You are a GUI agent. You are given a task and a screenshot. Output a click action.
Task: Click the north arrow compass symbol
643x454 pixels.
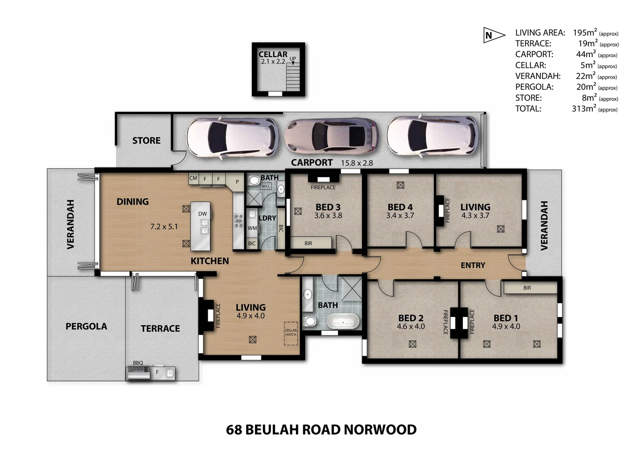tap(494, 35)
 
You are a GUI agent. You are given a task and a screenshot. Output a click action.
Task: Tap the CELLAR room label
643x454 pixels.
tap(273, 54)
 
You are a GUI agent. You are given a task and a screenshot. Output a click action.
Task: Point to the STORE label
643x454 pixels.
tap(146, 140)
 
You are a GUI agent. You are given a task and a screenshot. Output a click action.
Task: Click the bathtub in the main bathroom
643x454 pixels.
tap(343, 323)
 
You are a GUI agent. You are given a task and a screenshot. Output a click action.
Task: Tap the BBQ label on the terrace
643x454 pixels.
tap(138, 363)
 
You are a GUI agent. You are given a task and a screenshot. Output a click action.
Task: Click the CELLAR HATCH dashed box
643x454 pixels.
tap(291, 333)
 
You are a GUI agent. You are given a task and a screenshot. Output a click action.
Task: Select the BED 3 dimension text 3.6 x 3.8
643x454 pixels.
tap(328, 216)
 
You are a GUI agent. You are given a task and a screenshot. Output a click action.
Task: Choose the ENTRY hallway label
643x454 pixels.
tap(473, 265)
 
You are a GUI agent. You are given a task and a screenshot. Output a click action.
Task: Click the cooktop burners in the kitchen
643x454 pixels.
tap(239, 221)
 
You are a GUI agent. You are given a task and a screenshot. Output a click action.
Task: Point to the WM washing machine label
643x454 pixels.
tap(252, 228)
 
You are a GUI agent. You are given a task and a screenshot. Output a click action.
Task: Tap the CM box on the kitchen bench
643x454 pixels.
tap(193, 178)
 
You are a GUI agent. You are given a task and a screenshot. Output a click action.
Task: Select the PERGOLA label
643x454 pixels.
tap(86, 326)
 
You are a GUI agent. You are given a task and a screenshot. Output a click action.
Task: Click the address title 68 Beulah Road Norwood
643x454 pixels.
tap(321, 430)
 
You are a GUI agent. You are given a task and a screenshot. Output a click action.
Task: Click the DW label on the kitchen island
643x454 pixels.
tap(202, 214)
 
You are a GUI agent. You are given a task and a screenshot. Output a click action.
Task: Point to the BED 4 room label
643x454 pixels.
tap(400, 207)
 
